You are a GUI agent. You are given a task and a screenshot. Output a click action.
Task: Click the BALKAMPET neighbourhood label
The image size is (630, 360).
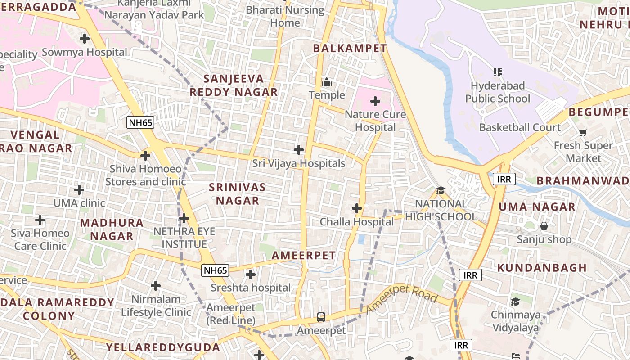pyautogui.click(x=350, y=48)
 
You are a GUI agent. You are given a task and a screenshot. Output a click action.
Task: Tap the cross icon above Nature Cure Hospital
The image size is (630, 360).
pyautogui.click(x=375, y=101)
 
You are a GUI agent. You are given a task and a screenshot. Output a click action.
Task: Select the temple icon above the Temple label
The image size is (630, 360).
pyautogui.click(x=327, y=82)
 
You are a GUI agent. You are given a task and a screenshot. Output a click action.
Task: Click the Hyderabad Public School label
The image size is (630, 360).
pyautogui.click(x=498, y=92)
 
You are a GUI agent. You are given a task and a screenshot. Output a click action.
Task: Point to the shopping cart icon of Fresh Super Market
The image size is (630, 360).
pyautogui.click(x=583, y=132)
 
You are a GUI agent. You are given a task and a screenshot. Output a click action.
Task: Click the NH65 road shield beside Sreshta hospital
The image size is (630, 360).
pyautogui.click(x=215, y=270)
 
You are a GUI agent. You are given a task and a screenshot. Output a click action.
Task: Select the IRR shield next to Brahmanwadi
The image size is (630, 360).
pyautogui.click(x=504, y=179)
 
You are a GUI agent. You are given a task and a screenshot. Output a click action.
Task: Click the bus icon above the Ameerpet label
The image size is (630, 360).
pyautogui.click(x=321, y=317)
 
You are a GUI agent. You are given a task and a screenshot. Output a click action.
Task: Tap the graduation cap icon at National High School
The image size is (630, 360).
pyautogui.click(x=441, y=191)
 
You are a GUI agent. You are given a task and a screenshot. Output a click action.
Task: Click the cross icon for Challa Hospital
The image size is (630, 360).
pyautogui.click(x=356, y=208)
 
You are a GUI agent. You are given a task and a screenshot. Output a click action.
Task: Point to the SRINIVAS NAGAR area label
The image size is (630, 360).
pyautogui.click(x=238, y=194)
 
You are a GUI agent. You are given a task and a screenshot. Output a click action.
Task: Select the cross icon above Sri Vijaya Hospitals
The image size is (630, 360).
pyautogui.click(x=298, y=150)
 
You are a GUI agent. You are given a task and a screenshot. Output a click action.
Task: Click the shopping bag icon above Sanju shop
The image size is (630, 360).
pyautogui.click(x=544, y=226)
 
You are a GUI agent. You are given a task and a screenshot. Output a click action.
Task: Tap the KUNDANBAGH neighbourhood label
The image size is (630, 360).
pyautogui.click(x=542, y=268)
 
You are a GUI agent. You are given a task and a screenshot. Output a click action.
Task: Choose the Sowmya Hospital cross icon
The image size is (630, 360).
pyautogui.click(x=84, y=39)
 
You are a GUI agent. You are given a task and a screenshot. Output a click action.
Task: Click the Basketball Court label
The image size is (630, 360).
pyautogui.click(x=520, y=127)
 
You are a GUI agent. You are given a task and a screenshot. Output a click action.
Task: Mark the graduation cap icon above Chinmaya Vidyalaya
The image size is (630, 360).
pyautogui.click(x=515, y=301)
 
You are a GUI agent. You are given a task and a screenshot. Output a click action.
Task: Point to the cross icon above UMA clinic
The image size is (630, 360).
pyautogui.click(x=79, y=190)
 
